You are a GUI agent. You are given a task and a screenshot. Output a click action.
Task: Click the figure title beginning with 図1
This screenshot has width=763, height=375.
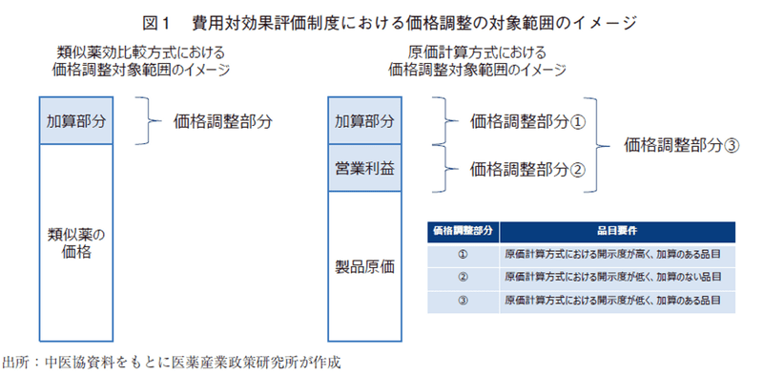(x=381, y=19)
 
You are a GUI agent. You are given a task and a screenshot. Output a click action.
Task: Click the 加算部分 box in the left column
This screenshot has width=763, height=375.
(x=73, y=121)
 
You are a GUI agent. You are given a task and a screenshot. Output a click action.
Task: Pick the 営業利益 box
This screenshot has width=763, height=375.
(x=363, y=167)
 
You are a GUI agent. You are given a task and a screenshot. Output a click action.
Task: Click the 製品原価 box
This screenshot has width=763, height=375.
(x=363, y=266)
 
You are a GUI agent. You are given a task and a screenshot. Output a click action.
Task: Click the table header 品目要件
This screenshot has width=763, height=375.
(x=616, y=231)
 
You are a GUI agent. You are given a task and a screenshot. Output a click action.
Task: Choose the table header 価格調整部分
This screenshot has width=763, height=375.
(x=463, y=231)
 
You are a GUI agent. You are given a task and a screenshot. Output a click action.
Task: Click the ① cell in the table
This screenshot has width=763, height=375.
(x=463, y=254)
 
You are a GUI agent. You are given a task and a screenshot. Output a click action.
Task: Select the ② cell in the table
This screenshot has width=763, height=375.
(x=463, y=277)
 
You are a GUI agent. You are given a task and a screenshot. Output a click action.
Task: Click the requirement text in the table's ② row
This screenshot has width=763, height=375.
(x=611, y=277)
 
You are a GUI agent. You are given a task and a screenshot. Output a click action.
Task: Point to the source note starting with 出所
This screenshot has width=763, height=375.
(x=172, y=362)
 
